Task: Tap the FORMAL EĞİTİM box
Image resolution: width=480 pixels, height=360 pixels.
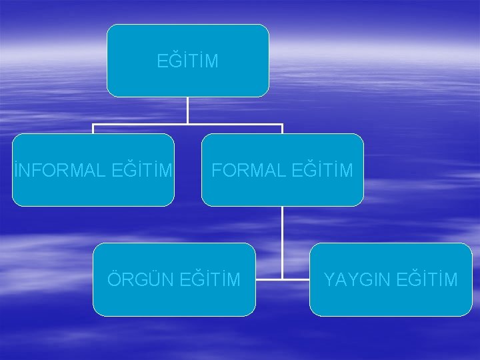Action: [x=282, y=190]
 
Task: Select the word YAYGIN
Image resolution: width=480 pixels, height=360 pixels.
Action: [x=357, y=279]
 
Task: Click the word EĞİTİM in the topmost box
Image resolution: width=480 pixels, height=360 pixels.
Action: [x=187, y=61]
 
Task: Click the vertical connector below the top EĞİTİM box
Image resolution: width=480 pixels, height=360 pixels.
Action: [x=187, y=110]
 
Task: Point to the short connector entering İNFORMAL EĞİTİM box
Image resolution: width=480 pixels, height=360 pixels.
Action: [x=93, y=129]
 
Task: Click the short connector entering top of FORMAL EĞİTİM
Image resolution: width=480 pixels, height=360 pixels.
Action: [x=282, y=129]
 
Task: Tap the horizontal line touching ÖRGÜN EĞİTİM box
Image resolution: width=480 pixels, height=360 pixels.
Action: [x=268, y=279]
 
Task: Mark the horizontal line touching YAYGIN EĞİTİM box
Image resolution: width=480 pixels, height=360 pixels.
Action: [x=296, y=279]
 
